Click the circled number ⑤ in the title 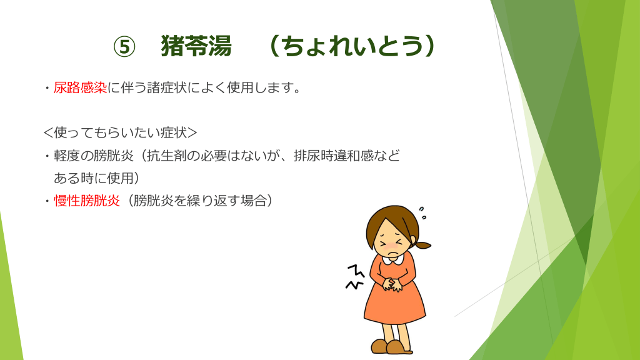pos(124,46)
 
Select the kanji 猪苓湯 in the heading pos(196,46)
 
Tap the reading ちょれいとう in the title pos(352,46)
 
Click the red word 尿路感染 pos(80,87)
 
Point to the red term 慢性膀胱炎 pos(86,201)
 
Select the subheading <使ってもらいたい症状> pos(121,132)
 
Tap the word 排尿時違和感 pos(333,156)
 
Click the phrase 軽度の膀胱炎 pos(94,156)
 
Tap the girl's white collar pos(393,258)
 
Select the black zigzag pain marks pos(355,277)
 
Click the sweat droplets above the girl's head pos(422,213)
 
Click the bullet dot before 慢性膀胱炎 pos(47,201)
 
